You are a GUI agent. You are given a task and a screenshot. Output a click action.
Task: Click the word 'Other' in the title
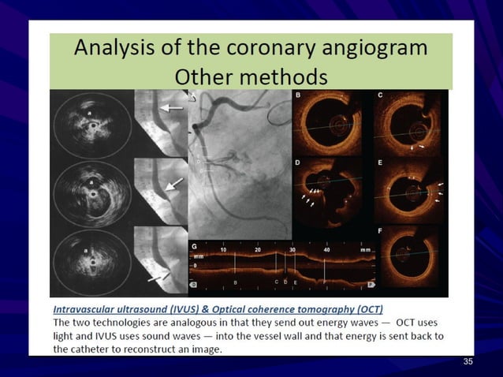pos(207,77)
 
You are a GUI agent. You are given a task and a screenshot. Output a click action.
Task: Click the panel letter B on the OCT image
pos(298,95)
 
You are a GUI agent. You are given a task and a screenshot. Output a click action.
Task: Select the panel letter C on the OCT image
pos(380,95)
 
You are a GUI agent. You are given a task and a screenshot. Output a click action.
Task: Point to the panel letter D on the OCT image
pos(298,163)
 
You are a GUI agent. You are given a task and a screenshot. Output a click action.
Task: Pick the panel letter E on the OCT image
pos(380,163)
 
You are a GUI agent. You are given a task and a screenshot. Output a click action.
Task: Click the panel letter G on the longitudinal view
pos(195,247)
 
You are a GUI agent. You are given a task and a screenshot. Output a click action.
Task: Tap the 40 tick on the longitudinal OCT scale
pos(327,248)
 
